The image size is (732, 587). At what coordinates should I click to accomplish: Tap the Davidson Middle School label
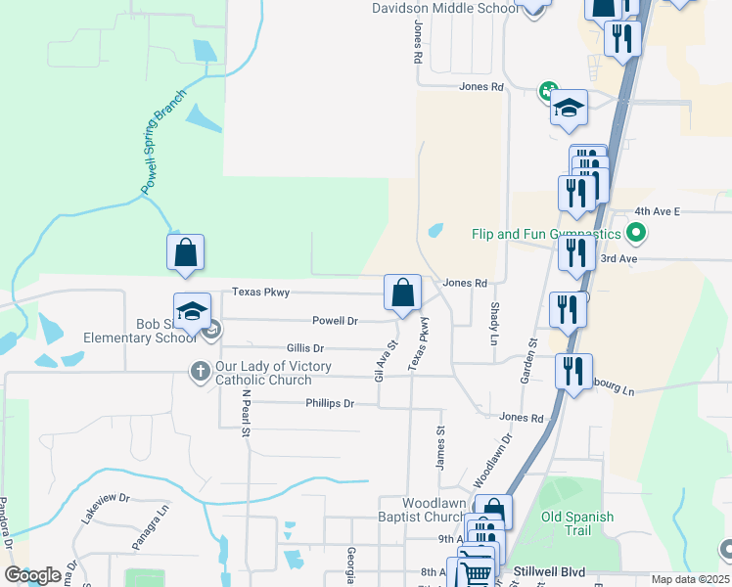point(444,9)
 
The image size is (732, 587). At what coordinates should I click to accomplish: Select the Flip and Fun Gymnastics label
point(546,234)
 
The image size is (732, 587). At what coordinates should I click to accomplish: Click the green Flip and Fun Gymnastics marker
point(636,234)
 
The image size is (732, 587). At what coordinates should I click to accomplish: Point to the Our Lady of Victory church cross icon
point(199,371)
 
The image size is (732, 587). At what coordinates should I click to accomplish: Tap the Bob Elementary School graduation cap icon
point(193,312)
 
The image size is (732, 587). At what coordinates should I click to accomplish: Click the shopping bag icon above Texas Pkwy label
point(186,253)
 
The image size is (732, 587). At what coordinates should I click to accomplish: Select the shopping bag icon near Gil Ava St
point(402,293)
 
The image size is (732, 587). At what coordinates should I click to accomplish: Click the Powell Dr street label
point(335,320)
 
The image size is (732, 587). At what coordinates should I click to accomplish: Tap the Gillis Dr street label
point(305,347)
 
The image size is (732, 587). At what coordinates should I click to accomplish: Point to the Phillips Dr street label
point(329,403)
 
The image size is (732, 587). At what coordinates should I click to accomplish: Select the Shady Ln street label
point(493,322)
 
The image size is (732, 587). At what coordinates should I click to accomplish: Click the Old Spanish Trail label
point(577,523)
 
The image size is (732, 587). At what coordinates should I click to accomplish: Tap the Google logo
point(33,575)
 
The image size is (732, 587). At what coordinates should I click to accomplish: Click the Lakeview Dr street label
point(106,509)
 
